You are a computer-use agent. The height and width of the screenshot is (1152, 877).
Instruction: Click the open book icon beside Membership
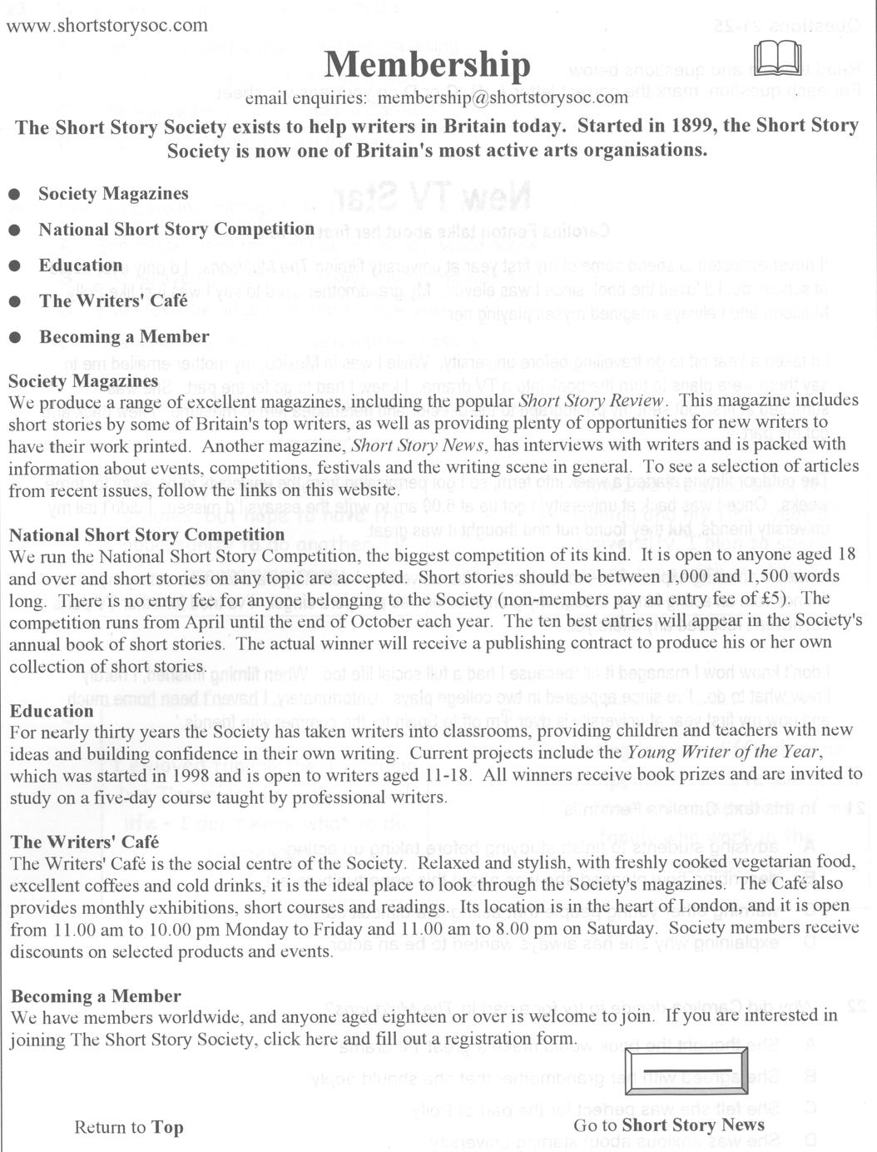(778, 58)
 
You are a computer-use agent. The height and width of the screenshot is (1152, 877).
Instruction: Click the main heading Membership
(427, 64)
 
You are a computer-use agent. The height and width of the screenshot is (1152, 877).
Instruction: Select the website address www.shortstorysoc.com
(107, 25)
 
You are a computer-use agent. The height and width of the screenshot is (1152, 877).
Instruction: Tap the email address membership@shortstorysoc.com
(503, 98)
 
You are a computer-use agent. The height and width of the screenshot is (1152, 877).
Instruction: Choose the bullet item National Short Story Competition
(176, 229)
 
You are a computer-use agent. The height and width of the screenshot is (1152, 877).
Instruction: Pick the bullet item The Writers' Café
(113, 300)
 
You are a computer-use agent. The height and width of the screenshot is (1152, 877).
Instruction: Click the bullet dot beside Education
(15, 266)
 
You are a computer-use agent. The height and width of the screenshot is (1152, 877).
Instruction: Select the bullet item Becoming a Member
(124, 337)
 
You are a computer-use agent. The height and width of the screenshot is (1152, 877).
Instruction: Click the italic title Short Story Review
(591, 400)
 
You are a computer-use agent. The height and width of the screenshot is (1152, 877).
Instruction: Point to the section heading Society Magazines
(83, 381)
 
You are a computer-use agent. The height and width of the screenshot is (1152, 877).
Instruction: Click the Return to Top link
(128, 1128)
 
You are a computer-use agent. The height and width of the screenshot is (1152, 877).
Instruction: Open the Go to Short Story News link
(668, 1125)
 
